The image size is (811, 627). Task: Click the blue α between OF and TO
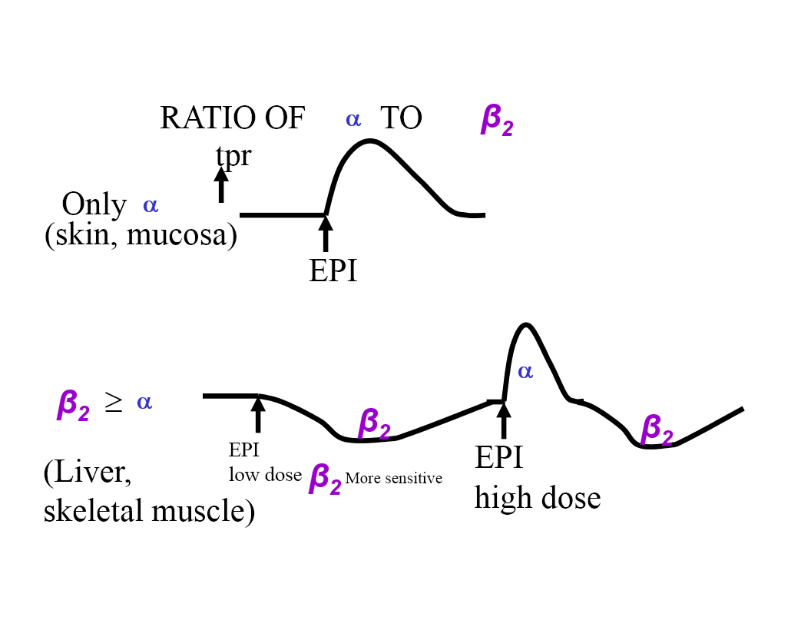coord(353,118)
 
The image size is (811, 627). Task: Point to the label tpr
coord(233,155)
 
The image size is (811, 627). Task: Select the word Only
coord(94,204)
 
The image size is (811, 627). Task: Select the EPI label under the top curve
coord(333,270)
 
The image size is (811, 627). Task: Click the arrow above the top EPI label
coord(326,234)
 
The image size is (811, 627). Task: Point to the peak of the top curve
coord(371,141)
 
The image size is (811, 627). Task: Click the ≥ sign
coord(113,404)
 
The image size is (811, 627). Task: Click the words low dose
coord(265,475)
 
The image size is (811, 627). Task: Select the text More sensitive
coord(393,479)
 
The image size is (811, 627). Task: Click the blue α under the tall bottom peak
coord(525,372)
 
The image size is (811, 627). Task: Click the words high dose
coord(538,498)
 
